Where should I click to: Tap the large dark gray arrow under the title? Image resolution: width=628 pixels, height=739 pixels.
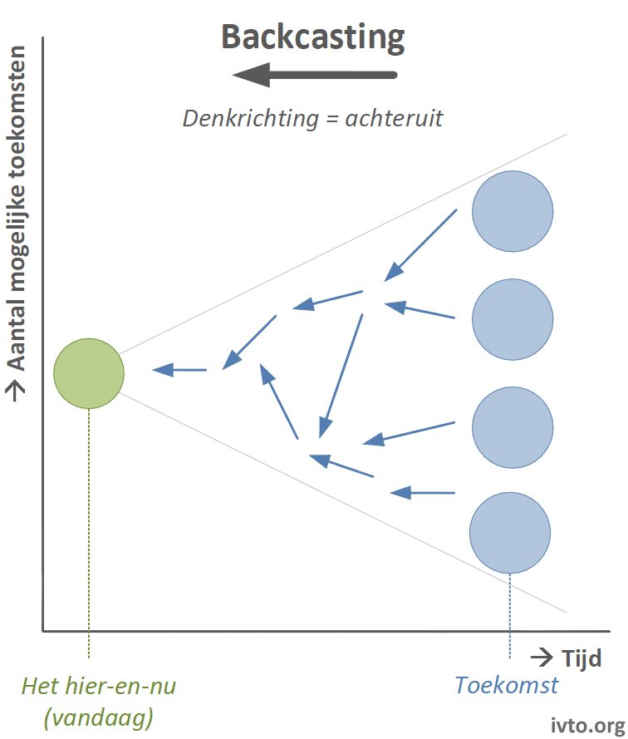[x=315, y=75]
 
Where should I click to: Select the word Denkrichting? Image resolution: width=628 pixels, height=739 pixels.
[x=251, y=119]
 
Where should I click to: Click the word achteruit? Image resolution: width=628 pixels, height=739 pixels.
[x=394, y=118]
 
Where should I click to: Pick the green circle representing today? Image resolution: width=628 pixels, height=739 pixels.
[x=89, y=373]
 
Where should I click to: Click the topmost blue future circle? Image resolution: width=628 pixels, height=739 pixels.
[x=513, y=211]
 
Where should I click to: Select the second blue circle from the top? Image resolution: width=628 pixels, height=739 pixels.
[x=513, y=319]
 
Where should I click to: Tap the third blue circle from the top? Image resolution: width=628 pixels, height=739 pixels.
[x=513, y=427]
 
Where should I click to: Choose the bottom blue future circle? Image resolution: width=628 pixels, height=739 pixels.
[x=510, y=533]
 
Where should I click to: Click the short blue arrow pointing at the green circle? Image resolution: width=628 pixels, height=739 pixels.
[x=179, y=370]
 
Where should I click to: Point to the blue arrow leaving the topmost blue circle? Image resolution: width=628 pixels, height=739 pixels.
[x=420, y=245]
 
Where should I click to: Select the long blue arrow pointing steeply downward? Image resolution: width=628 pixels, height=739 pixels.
[x=341, y=376]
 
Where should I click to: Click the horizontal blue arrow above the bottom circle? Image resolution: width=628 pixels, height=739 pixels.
[x=423, y=493]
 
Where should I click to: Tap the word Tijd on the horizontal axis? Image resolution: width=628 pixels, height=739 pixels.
[x=581, y=658]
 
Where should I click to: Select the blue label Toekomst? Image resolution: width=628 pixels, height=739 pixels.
[x=507, y=685]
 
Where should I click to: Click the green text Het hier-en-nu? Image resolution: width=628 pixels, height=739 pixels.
[x=99, y=686]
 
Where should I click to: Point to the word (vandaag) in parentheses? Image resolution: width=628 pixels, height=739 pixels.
[x=99, y=718]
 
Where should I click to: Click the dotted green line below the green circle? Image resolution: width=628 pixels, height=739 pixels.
[x=89, y=533]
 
